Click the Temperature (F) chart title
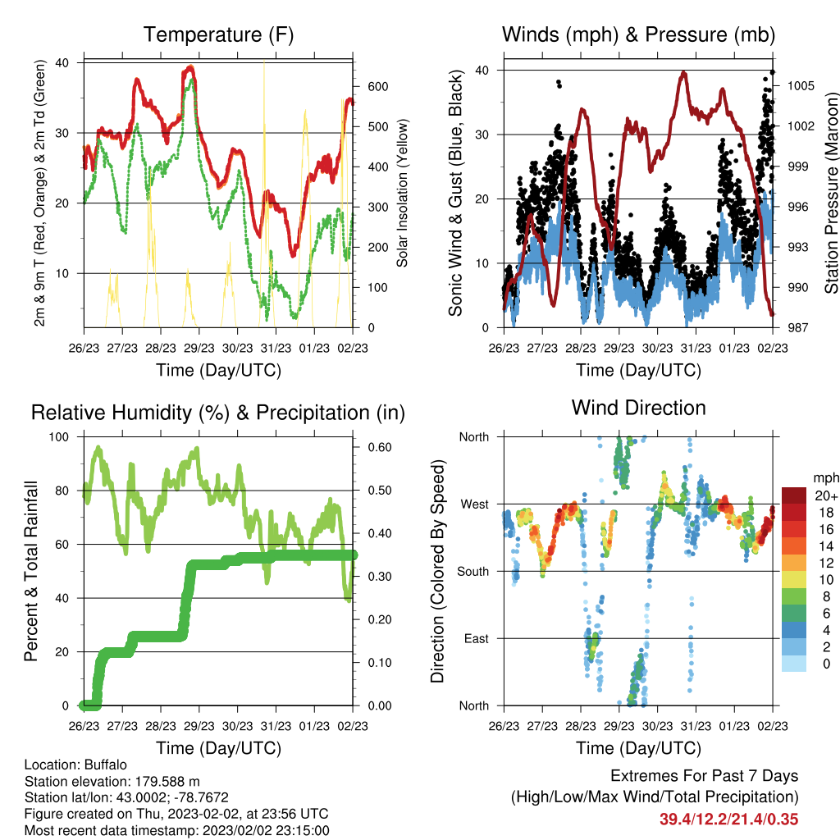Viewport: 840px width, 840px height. pyautogui.click(x=218, y=34)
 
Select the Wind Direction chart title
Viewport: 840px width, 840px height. pyautogui.click(x=638, y=408)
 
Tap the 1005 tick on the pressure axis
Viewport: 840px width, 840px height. pyautogui.click(x=801, y=85)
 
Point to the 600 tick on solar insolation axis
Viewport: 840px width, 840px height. pyautogui.click(x=377, y=87)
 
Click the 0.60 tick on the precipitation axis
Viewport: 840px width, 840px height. pyautogui.click(x=380, y=447)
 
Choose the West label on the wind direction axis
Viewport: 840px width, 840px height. pyautogui.click(x=475, y=504)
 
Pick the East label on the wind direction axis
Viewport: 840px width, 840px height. pyautogui.click(x=477, y=638)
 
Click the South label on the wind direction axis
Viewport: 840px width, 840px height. pyautogui.click(x=473, y=572)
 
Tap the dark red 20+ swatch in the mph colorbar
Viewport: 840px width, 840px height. pyautogui.click(x=794, y=495)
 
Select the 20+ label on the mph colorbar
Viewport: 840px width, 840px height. pyautogui.click(x=826, y=495)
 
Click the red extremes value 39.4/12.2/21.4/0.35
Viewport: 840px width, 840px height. pyautogui.click(x=728, y=819)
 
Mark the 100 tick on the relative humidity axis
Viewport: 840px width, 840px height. pyautogui.click(x=59, y=436)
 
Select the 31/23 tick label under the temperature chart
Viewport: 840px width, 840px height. pyautogui.click(x=276, y=348)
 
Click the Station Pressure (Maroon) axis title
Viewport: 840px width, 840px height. pyautogui.click(x=831, y=193)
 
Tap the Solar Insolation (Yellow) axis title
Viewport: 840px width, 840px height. pyautogui.click(x=402, y=193)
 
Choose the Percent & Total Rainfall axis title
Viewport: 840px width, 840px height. pyautogui.click(x=31, y=571)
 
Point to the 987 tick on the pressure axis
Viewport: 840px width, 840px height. pyautogui.click(x=797, y=327)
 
